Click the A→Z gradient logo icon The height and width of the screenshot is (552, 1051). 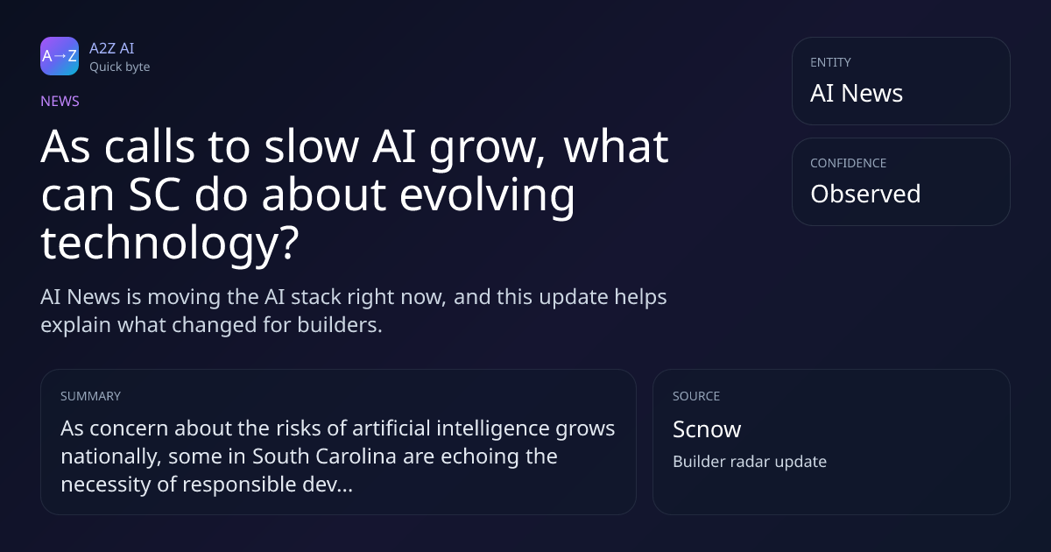[x=60, y=56]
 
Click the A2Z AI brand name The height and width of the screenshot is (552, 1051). [x=112, y=48]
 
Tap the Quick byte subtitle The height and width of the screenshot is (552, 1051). [x=120, y=67]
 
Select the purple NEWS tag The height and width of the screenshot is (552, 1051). [x=60, y=102]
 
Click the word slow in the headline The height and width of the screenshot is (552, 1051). [x=312, y=146]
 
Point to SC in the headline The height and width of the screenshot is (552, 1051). [x=154, y=195]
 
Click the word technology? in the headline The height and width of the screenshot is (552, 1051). [x=170, y=243]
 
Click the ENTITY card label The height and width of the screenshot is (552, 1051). [x=830, y=62]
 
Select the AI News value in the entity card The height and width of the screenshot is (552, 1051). [x=857, y=93]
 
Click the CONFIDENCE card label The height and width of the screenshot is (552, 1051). [x=849, y=163]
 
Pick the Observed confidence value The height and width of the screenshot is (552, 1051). [x=865, y=194]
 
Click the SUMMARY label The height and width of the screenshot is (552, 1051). [x=90, y=396]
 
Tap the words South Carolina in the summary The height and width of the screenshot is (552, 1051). [x=324, y=456]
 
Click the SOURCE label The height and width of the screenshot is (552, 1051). [x=696, y=396]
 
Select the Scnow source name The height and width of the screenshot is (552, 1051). [x=707, y=429]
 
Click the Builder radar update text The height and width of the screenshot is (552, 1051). [x=750, y=462]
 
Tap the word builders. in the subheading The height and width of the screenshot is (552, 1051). [x=340, y=325]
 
